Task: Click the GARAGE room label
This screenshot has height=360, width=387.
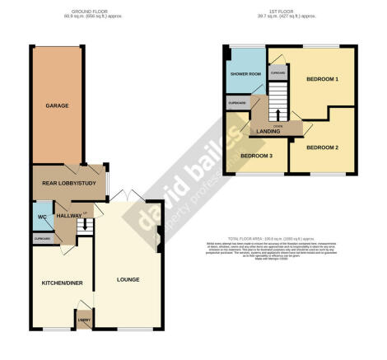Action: click(x=56, y=106)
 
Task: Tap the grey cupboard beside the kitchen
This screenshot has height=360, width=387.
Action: click(x=43, y=238)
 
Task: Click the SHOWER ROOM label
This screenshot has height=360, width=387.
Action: click(x=245, y=73)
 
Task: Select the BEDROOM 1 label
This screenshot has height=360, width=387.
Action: click(x=323, y=79)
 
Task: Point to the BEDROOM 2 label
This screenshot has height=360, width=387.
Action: click(x=322, y=147)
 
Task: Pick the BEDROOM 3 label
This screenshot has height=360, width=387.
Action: click(x=256, y=155)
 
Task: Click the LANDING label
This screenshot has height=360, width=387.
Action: click(x=268, y=131)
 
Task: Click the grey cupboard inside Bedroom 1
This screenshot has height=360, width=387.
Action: click(x=277, y=72)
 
